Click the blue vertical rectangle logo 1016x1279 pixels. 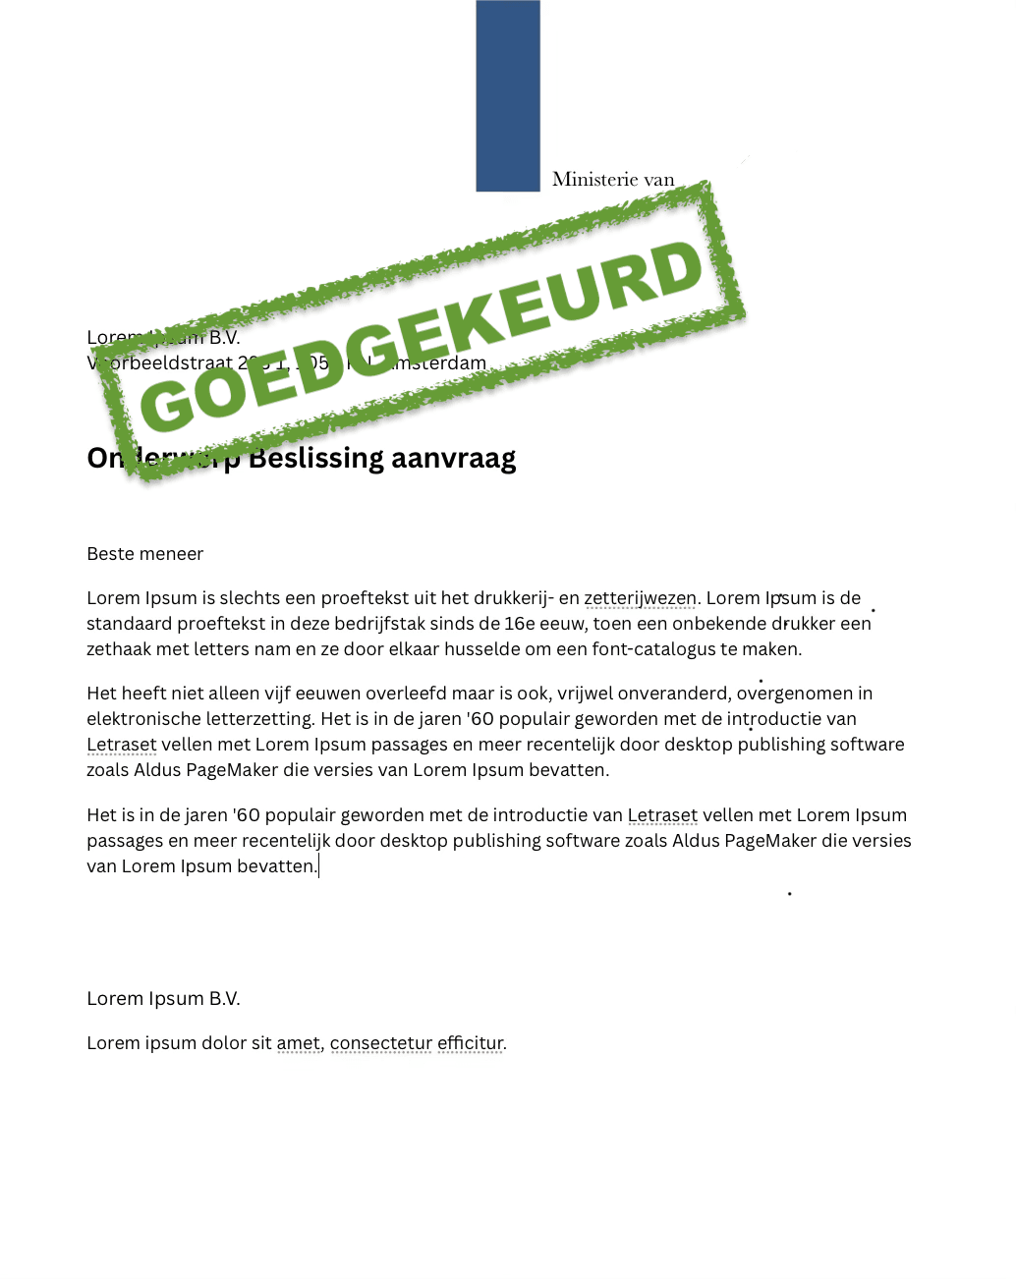(x=508, y=95)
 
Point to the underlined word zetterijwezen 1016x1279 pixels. (x=640, y=598)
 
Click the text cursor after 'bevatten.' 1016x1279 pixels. (x=319, y=866)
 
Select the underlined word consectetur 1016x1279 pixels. (x=381, y=1043)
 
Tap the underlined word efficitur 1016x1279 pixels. (x=470, y=1043)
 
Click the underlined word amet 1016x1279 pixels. (x=298, y=1043)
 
